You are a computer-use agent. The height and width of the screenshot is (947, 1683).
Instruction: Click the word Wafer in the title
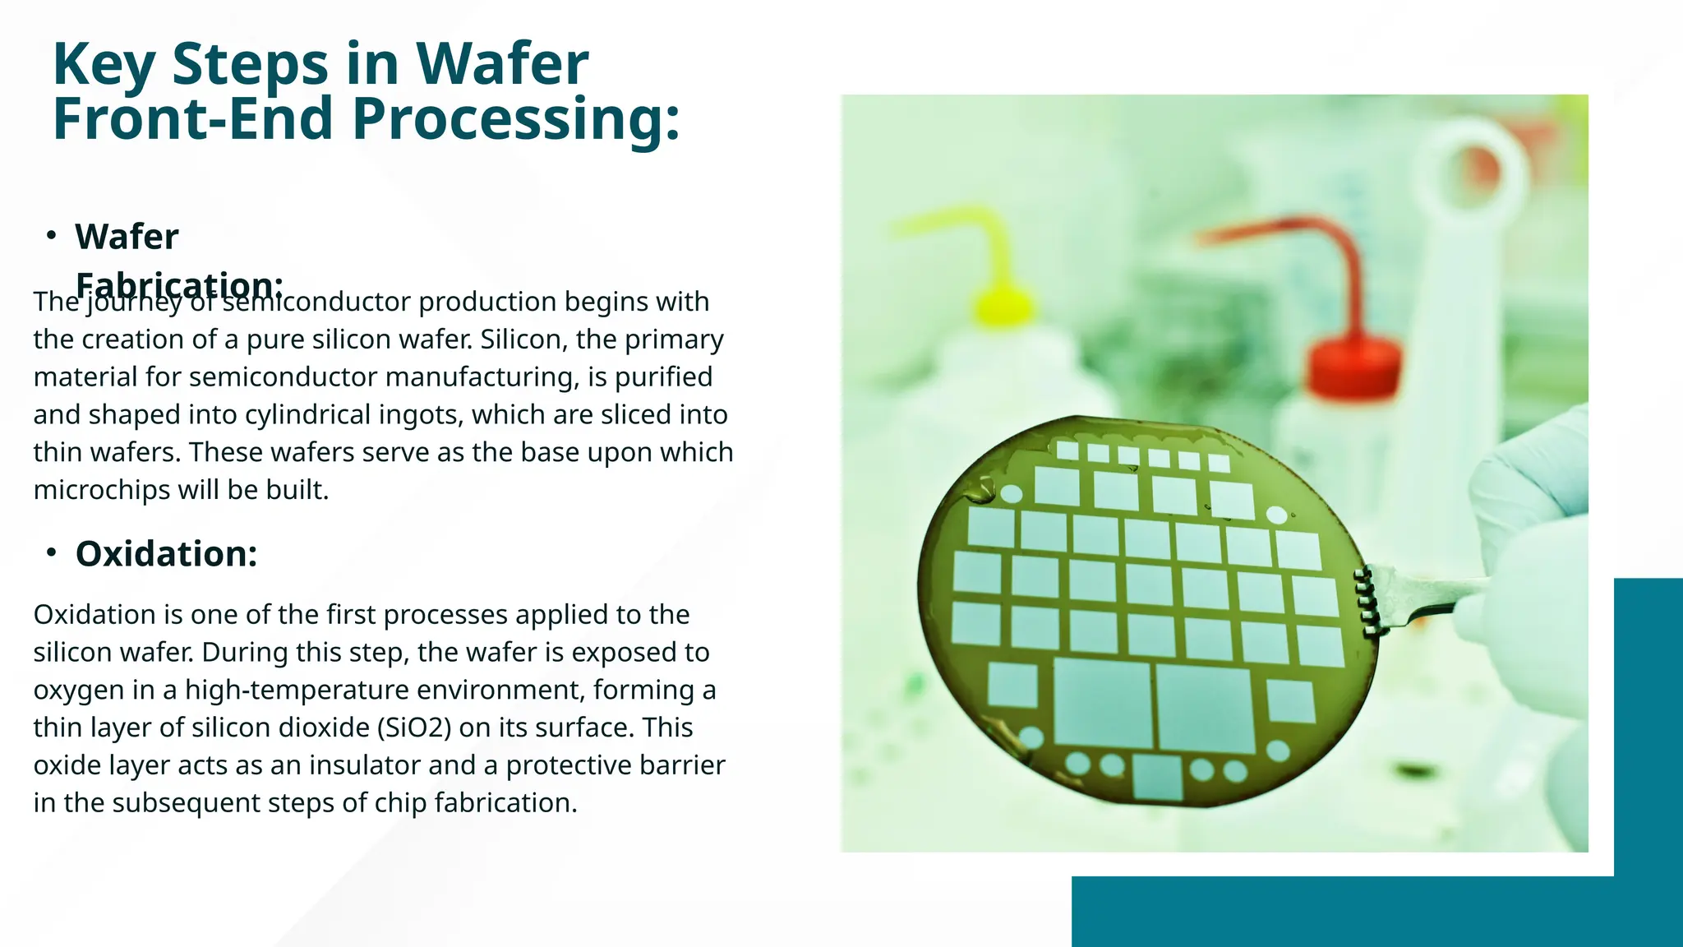point(502,64)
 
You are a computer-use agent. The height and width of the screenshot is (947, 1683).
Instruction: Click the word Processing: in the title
point(516,120)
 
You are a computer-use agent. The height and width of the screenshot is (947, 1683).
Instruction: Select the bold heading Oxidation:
point(166,554)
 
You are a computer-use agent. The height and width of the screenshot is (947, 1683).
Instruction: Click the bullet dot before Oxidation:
point(51,553)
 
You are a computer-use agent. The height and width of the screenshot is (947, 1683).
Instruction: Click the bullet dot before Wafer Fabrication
point(51,236)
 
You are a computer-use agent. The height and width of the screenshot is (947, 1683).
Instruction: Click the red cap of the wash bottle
point(1353,365)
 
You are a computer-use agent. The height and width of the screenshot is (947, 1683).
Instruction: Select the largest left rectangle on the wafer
point(1102,703)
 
